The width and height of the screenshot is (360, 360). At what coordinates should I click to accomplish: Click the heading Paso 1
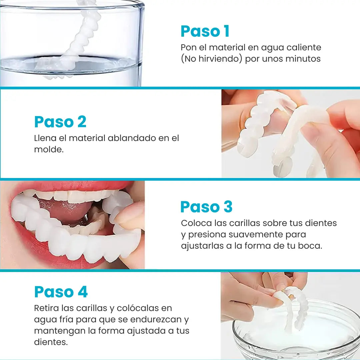tap(205, 31)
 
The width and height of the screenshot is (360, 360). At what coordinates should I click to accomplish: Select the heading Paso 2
tap(60, 122)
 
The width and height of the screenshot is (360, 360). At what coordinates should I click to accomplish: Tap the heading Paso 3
tap(206, 207)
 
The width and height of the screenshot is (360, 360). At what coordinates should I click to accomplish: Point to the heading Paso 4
tap(61, 292)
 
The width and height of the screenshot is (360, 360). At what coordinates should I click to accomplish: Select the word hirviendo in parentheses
tap(220, 59)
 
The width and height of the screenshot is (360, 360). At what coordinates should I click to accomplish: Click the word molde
tap(49, 150)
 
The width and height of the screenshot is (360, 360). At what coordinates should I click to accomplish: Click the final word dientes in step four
tap(51, 342)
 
